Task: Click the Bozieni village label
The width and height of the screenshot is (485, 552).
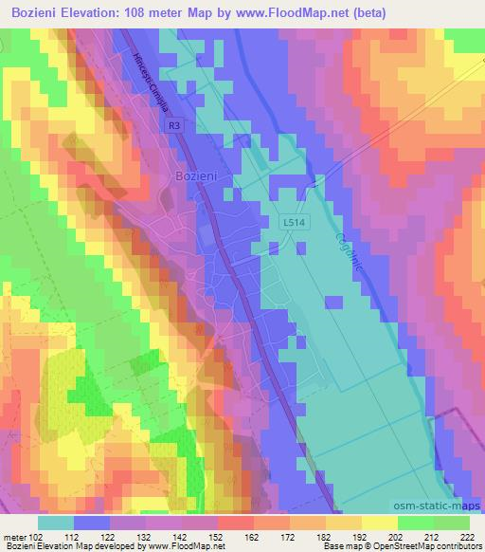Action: pyautogui.click(x=198, y=175)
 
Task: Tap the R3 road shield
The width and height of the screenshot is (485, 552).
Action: pyautogui.click(x=172, y=124)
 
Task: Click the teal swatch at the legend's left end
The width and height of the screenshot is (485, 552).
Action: pyautogui.click(x=56, y=523)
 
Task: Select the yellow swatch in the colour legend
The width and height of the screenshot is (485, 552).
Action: pyautogui.click(x=380, y=523)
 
